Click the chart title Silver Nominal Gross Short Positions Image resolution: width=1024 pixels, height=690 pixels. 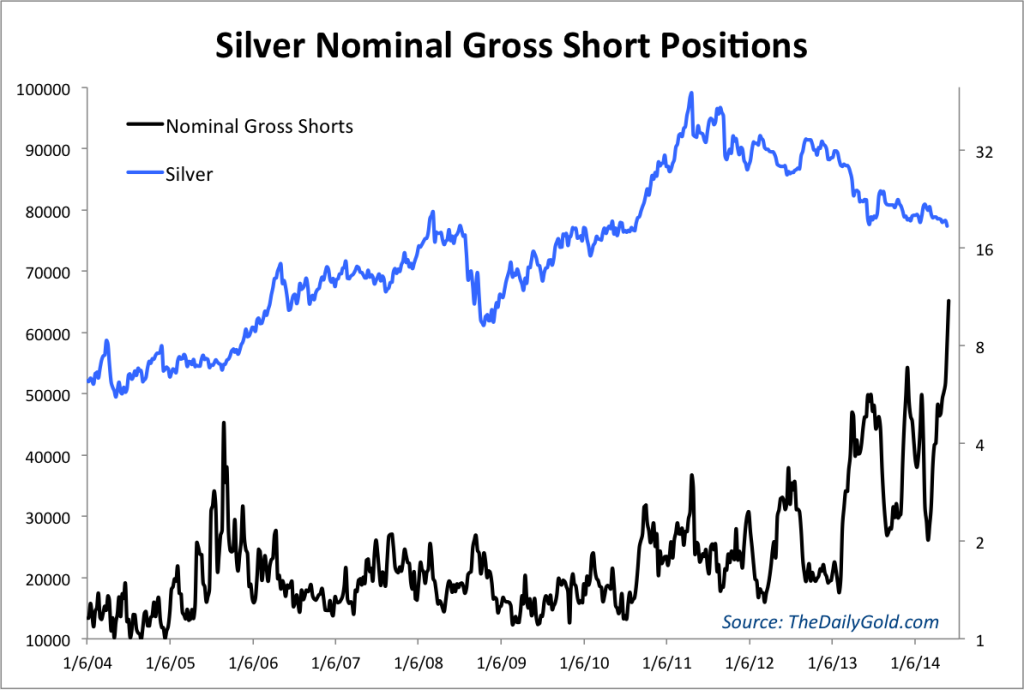511,46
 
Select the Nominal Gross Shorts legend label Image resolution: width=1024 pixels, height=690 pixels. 258,126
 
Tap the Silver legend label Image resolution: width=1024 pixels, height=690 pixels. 189,173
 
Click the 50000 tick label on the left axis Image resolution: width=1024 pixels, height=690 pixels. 45,394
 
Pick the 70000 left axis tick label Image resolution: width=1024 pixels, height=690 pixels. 45,271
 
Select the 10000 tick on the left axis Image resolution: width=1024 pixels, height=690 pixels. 45,639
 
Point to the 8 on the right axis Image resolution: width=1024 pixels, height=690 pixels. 980,347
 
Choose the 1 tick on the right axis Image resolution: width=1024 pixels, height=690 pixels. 980,639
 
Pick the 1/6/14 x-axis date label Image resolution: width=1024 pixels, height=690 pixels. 915,664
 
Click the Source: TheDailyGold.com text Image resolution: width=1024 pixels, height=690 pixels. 830,622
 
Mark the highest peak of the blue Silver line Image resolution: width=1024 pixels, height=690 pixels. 691,93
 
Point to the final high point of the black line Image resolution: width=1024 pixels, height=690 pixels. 948,300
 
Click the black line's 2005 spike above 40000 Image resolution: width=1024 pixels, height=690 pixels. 224,423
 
